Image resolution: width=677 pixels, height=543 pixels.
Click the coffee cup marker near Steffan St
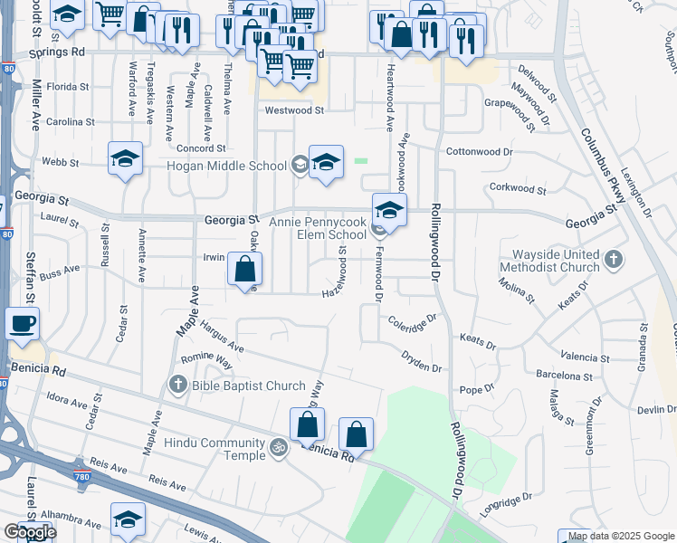click(x=23, y=323)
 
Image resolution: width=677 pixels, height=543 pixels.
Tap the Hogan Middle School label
click(x=225, y=166)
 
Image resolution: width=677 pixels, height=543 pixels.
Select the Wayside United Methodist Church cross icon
click(x=615, y=260)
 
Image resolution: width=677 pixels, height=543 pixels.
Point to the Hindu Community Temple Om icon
click(x=280, y=445)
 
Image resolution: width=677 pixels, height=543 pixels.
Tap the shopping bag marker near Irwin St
click(x=245, y=269)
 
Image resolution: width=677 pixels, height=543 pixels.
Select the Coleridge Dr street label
click(x=413, y=319)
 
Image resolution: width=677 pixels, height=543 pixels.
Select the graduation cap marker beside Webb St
click(x=126, y=159)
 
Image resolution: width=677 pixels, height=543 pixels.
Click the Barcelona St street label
click(x=562, y=376)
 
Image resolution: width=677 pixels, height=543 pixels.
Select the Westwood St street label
click(x=293, y=110)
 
